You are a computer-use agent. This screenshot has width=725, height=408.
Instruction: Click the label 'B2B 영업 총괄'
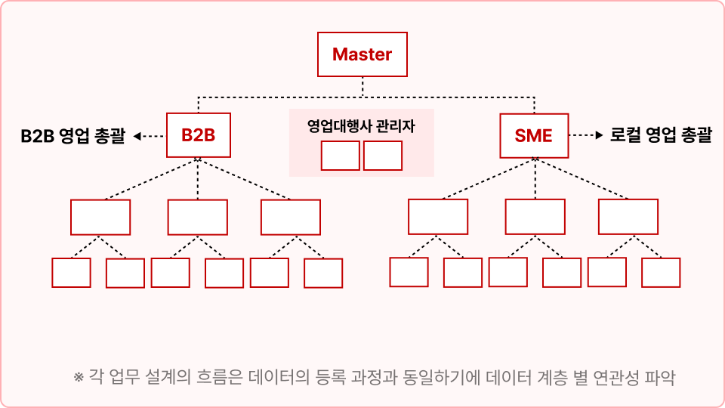[73, 136]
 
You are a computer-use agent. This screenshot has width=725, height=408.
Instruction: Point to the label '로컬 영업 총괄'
[661, 135]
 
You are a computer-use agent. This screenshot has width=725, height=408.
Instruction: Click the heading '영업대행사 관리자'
[361, 126]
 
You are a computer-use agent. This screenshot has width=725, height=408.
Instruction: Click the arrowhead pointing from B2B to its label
[137, 136]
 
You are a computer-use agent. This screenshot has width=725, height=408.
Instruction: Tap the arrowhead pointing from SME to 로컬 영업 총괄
[600, 135]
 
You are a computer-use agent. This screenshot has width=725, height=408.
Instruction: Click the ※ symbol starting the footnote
[78, 377]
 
